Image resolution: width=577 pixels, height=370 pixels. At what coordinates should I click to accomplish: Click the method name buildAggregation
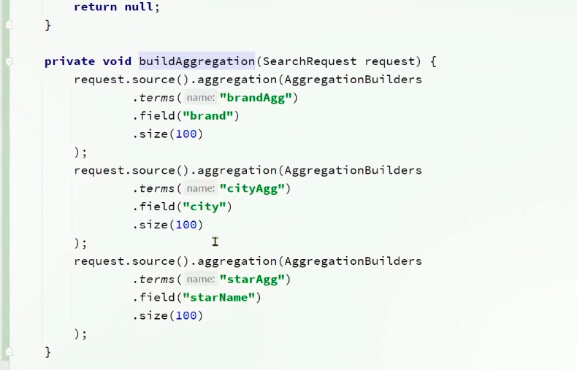click(x=196, y=61)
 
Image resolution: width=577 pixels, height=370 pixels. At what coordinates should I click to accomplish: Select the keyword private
click(x=69, y=61)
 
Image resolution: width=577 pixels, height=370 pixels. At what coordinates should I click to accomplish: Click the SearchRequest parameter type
click(x=310, y=61)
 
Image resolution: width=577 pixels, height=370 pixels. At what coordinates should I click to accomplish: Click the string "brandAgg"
click(x=255, y=98)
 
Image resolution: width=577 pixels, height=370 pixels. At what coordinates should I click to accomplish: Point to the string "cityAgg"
click(x=251, y=189)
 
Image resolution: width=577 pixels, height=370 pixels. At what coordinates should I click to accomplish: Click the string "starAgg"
click(x=251, y=280)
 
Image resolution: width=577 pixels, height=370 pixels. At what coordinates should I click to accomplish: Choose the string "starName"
click(x=218, y=298)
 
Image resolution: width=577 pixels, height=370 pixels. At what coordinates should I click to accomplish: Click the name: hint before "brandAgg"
click(x=200, y=98)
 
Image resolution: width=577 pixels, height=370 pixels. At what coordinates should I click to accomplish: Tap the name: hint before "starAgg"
click(x=200, y=280)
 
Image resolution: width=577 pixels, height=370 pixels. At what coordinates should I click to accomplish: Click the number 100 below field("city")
click(x=186, y=225)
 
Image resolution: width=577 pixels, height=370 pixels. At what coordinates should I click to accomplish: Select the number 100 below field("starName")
click(x=186, y=316)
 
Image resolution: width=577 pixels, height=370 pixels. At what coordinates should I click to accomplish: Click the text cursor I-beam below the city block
click(x=215, y=242)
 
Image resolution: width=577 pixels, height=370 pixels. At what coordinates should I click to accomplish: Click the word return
click(x=95, y=7)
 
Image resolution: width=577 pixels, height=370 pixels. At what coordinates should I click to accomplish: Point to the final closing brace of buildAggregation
click(x=48, y=352)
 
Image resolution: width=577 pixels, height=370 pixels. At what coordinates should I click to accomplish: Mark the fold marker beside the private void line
click(x=9, y=62)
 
